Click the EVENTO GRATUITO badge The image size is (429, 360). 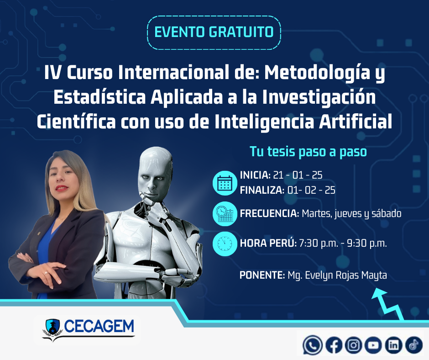click(214, 32)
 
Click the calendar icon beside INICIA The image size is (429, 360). click(225, 183)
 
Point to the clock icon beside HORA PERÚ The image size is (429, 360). click(225, 244)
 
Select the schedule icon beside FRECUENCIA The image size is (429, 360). click(225, 214)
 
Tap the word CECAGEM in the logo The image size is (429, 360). click(99, 326)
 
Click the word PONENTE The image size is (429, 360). click(262, 275)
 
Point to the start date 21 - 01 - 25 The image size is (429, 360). click(298, 175)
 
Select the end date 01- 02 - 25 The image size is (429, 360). click(311, 190)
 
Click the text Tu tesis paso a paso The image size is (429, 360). click(309, 152)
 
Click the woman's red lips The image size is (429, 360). click(62, 188)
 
